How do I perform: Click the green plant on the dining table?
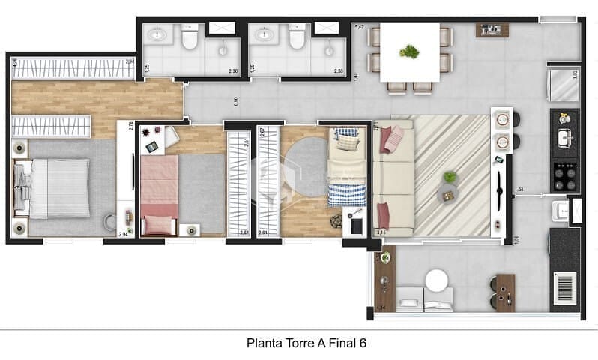(x=409, y=52)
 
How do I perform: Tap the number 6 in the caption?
(x=363, y=343)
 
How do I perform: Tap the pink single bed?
(x=159, y=195)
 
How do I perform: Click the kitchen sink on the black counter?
(x=564, y=138)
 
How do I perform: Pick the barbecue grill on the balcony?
(x=564, y=289)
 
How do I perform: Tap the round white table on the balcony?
(x=436, y=280)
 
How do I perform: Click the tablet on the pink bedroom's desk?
(x=152, y=146)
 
